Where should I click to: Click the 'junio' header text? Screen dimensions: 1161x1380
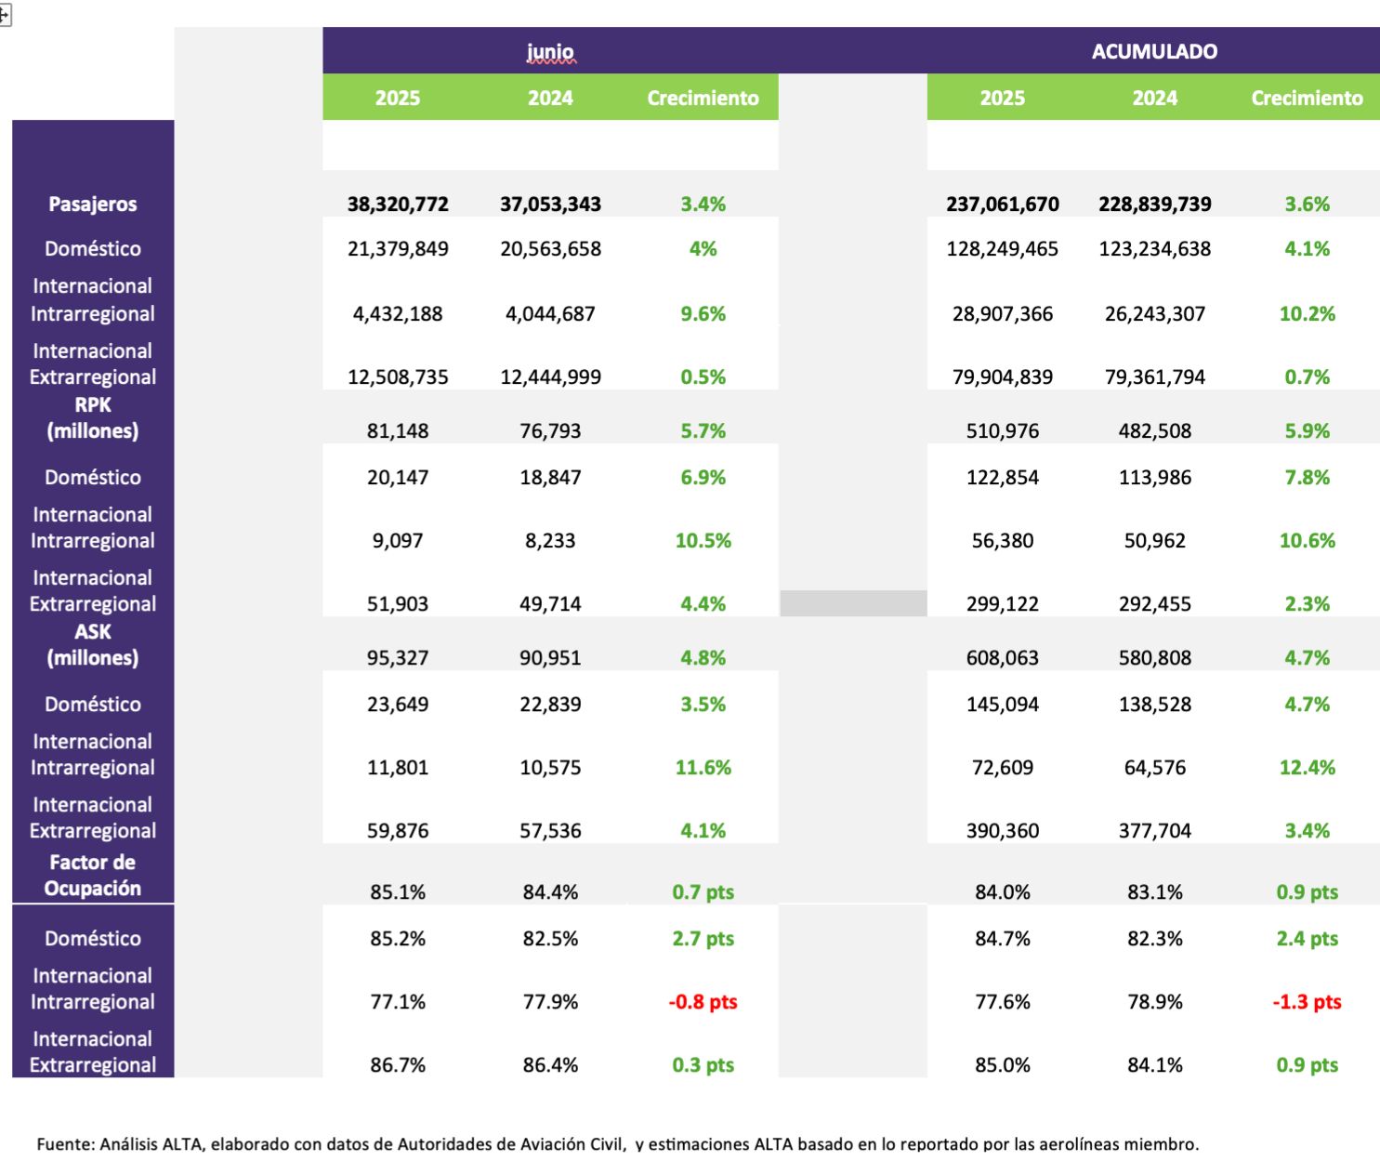550,52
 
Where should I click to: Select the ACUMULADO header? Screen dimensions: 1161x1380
1154,52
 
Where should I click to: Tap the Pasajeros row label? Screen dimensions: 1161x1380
93,204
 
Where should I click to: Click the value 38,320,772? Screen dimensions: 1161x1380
398,204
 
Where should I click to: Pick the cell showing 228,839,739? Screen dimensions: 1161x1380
1154,204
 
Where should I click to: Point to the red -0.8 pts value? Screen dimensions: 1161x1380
703,1002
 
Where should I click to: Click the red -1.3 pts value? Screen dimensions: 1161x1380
1307,1002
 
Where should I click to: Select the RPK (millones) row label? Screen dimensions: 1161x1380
93,418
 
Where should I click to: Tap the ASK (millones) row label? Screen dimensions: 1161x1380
93,645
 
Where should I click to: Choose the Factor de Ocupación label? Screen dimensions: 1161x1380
93,876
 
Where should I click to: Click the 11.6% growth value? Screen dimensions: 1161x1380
703,768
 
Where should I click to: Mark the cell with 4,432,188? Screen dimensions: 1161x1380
398,314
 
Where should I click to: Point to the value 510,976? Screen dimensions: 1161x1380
1002,431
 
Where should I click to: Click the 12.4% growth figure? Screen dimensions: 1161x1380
1307,768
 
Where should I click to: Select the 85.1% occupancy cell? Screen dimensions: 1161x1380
398,892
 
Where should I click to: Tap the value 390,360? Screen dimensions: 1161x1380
1002,831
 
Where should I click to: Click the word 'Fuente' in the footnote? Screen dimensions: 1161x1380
64,1144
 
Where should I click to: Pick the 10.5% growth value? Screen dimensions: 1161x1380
703,541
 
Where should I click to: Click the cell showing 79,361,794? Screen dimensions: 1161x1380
1154,377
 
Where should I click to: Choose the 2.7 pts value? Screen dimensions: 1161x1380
703,939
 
